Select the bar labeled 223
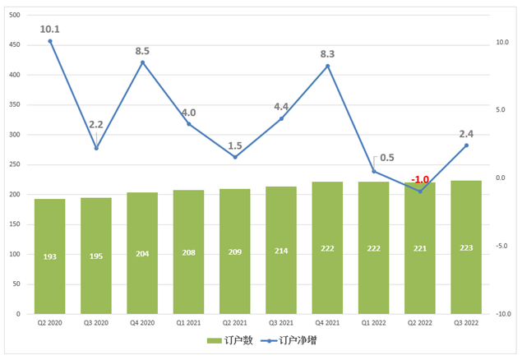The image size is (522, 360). point(466,247)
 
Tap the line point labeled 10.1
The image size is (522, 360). point(50,41)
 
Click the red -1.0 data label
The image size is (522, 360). point(420,179)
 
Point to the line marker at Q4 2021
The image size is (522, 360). point(327,66)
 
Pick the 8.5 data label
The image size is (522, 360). point(142,51)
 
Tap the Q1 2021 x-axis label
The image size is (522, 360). point(188,323)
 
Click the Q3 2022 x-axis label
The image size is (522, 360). point(466,323)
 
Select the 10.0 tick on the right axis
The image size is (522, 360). point(501,42)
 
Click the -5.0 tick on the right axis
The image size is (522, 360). point(501,246)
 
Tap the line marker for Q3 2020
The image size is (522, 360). point(96,148)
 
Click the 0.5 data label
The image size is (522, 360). point(386,159)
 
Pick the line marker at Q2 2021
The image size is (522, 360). point(235,157)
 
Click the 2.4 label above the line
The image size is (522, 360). point(466,133)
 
